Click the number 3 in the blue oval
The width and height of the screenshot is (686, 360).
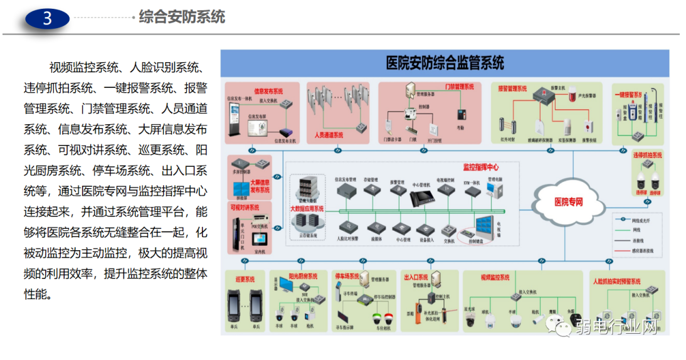47,18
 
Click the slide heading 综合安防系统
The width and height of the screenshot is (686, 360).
181,16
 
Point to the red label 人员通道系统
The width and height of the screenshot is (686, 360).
329,135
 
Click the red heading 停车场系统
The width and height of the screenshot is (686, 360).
347,275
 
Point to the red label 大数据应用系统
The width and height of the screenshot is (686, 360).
307,208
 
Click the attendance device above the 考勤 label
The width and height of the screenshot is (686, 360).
461,115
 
